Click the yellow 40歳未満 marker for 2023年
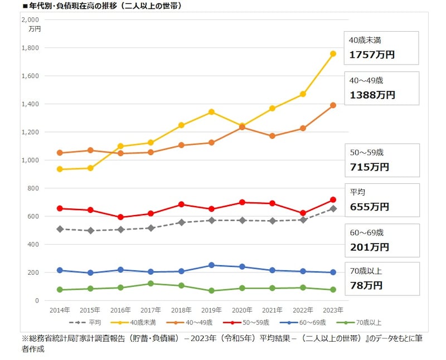point(333,53)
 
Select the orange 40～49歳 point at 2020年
point(242,127)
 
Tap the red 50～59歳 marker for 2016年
point(121,217)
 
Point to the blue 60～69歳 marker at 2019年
point(212,265)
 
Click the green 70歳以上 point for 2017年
point(151,284)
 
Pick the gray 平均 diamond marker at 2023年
point(333,208)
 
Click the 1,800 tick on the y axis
point(30,48)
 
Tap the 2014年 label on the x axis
point(60,309)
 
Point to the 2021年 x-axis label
point(272,309)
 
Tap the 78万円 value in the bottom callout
point(366,285)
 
